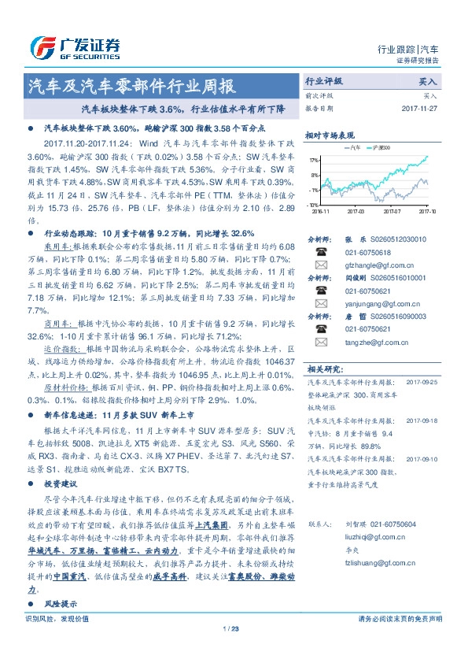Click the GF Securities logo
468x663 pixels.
pyautogui.click(x=75, y=46)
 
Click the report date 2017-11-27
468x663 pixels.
pyautogui.click(x=425, y=108)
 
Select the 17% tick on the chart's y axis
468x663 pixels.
pyautogui.click(x=315, y=159)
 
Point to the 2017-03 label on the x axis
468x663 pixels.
pyautogui.click(x=357, y=211)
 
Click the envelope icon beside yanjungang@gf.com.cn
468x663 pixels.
pyautogui.click(x=322, y=304)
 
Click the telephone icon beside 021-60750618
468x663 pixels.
pyautogui.click(x=322, y=252)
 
